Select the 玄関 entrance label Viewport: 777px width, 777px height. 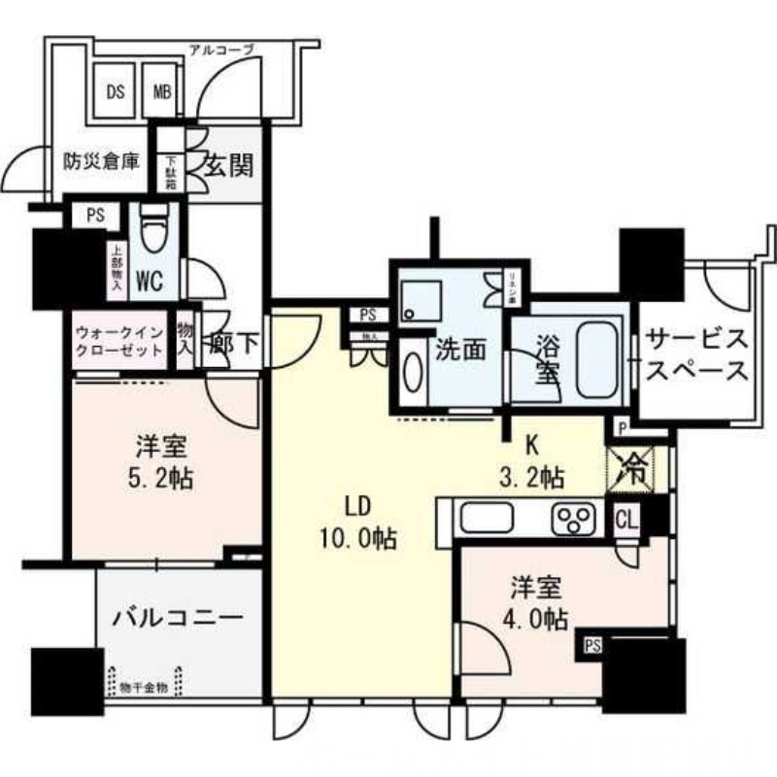point(227,164)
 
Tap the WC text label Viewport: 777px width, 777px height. point(150,283)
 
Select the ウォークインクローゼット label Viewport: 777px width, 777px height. point(118,340)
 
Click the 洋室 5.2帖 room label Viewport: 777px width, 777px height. point(163,464)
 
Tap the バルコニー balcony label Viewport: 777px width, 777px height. point(178,618)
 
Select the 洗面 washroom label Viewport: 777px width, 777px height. point(461,349)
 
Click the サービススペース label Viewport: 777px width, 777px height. point(697,355)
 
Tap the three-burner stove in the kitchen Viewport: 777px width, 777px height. point(574,520)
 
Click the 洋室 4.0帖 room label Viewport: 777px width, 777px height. point(532,602)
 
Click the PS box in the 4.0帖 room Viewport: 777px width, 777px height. point(591,643)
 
